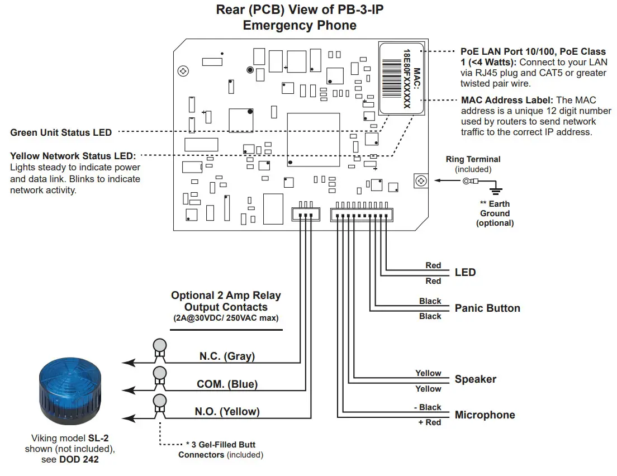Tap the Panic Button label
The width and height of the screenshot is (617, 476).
pos(487,308)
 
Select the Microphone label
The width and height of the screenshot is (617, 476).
pos(485,415)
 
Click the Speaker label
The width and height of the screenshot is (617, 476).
pos(475,379)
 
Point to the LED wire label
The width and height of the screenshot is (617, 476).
pos(465,273)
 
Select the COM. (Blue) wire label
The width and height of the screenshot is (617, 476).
pos(227,384)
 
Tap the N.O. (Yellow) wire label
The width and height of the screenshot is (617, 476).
pos(227,412)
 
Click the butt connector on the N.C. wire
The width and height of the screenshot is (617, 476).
pos(160,348)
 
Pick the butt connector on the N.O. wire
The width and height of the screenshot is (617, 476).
pos(160,403)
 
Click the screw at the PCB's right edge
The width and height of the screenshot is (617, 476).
pos(421,181)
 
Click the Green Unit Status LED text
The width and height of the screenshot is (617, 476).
pos(61,133)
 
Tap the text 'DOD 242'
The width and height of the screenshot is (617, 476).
pos(79,460)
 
